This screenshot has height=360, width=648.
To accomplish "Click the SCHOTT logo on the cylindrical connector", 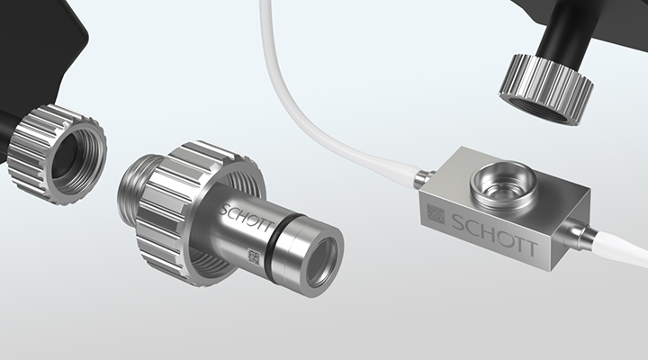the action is click(x=246, y=217).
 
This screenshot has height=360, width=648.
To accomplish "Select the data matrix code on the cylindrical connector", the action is click(x=253, y=256).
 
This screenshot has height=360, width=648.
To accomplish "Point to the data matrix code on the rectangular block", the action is click(x=436, y=214).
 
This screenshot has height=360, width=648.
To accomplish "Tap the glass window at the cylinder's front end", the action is click(x=324, y=264).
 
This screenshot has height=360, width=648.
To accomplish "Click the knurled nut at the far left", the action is click(x=57, y=154).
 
